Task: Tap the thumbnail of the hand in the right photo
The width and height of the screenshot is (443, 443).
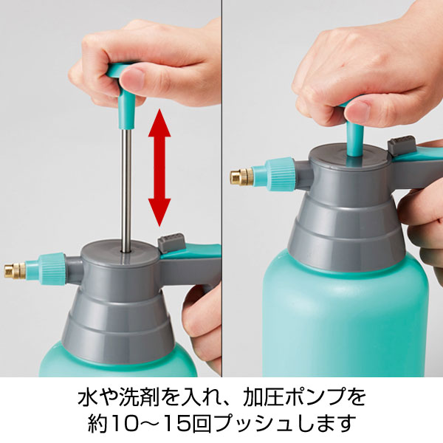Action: (x=358, y=111)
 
